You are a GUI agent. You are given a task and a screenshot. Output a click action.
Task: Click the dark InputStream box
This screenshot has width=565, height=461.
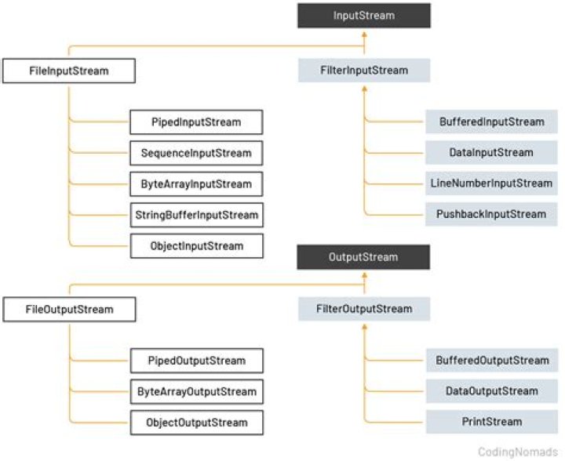(363, 16)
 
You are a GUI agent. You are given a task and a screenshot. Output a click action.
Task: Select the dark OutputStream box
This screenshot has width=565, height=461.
(363, 256)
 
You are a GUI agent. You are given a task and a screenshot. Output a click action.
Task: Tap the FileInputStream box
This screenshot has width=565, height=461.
(69, 71)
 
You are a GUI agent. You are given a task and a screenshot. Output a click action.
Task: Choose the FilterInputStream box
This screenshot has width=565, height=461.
(363, 71)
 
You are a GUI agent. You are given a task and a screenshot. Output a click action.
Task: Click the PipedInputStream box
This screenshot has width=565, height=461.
(196, 122)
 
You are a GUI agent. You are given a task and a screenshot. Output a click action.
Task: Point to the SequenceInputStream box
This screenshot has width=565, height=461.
(196, 153)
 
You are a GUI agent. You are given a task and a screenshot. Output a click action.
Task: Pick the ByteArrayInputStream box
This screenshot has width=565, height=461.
(196, 184)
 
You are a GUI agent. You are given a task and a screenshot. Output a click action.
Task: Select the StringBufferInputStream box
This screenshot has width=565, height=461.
(196, 215)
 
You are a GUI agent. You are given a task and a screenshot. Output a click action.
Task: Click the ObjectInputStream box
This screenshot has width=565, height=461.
(196, 246)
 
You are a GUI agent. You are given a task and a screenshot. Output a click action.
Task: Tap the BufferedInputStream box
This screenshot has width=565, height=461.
(492, 122)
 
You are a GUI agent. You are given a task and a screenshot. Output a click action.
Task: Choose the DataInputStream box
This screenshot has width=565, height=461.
(492, 153)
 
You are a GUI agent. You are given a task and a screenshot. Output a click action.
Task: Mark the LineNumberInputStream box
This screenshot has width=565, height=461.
(492, 183)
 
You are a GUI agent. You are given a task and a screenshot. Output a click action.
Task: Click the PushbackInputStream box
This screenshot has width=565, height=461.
(492, 214)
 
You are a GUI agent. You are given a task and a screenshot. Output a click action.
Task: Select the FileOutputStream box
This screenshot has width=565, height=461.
(69, 309)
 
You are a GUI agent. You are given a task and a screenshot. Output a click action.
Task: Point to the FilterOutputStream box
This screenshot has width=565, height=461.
(363, 309)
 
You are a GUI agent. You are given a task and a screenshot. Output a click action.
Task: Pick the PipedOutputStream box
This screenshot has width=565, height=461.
(196, 361)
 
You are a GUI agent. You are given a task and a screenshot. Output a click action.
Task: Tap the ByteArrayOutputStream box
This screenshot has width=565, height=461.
(196, 391)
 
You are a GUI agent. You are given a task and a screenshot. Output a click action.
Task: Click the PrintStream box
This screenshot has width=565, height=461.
(492, 422)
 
